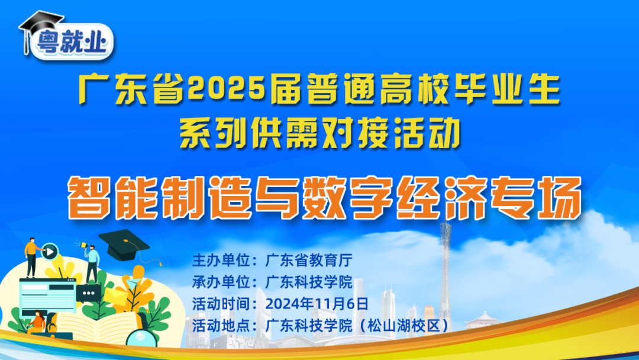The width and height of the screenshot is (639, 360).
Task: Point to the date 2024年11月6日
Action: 317,303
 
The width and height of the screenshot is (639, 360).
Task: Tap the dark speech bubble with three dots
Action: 91,293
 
